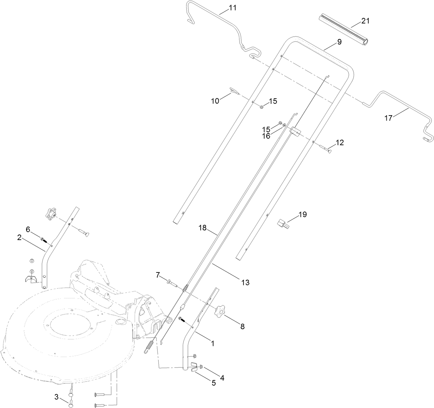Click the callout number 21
pos(365,21)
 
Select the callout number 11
pos(233,8)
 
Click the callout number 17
pos(388,118)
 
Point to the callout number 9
pos(339,42)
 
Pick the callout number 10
pos(215,101)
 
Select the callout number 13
pos(245,282)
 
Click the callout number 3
pos(56,397)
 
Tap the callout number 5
pos(214,383)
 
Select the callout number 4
pos(222,378)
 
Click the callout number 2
pos(19,237)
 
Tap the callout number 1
pos(213,343)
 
